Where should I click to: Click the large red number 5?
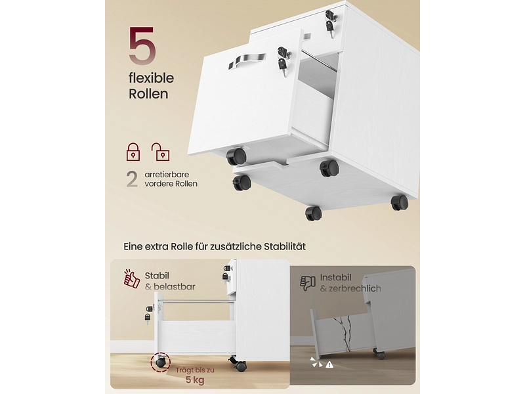click(x=142, y=46)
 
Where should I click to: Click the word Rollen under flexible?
click(x=148, y=94)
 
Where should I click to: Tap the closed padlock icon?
click(x=133, y=152)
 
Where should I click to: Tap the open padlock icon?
click(x=160, y=152)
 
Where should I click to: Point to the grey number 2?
click(x=132, y=179)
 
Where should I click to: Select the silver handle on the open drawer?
click(x=247, y=62)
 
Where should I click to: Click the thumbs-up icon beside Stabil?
click(x=132, y=278)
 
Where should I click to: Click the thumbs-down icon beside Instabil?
click(x=308, y=283)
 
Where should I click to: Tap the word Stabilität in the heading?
click(x=285, y=247)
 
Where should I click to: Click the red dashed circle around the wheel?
click(x=161, y=362)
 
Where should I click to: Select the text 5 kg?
click(x=195, y=380)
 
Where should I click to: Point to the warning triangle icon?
click(x=329, y=364)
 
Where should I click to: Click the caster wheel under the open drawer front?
click(x=237, y=156)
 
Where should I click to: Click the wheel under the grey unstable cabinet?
click(x=380, y=355)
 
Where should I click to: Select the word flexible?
click(x=152, y=78)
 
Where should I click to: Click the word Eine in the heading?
click(x=133, y=247)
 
